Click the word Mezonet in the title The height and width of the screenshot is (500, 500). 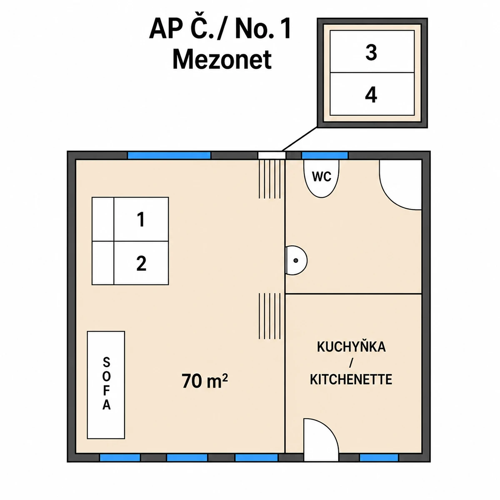point(222,60)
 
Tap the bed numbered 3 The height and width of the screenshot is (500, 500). point(372,51)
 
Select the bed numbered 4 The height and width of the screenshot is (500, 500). point(372,94)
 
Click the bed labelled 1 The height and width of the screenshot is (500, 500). point(130,219)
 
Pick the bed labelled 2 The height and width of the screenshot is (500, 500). point(130,263)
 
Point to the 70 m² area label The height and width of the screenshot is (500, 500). point(205,381)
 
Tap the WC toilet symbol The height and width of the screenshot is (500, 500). point(321,178)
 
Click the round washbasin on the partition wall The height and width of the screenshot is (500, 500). point(296,260)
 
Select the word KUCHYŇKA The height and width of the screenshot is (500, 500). point(351,347)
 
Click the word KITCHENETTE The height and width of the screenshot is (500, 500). point(351,380)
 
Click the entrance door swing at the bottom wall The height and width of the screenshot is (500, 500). point(321,441)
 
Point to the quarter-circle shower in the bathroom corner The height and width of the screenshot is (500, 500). point(400,185)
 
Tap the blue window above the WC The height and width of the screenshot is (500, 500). point(325,155)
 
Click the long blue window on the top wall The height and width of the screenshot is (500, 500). point(169,155)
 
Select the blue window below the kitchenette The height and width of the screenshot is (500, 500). point(379,457)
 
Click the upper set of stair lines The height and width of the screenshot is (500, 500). point(270,179)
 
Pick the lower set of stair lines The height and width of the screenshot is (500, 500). point(270,316)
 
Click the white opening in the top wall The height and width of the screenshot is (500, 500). point(272,155)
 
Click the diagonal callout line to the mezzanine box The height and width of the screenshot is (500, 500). point(300,139)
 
